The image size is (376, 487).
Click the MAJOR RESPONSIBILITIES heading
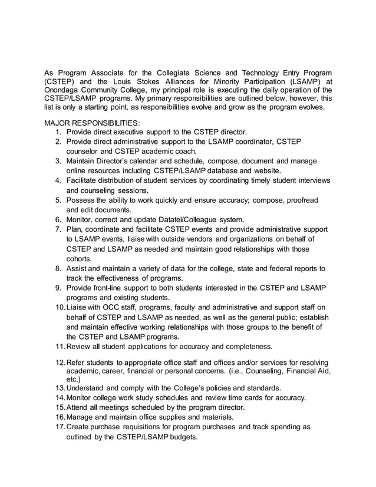[93, 123]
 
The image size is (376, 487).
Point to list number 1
[59, 131]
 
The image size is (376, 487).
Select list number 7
[59, 229]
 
